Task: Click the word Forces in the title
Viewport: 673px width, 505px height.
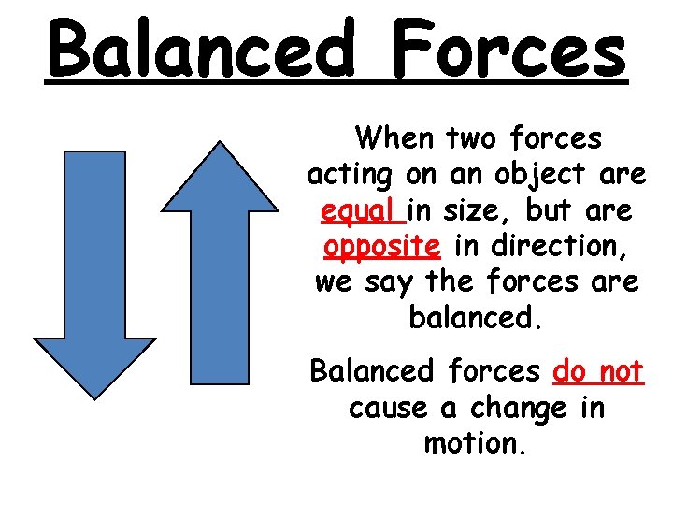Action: pos(509,49)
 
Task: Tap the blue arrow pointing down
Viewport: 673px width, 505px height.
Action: pos(94,281)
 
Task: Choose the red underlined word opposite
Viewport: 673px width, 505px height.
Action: pos(381,247)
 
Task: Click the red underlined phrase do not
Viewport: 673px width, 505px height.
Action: pos(598,372)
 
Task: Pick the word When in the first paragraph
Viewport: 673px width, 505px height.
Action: pos(394,139)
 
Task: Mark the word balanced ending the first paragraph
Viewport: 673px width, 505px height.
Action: pos(474,319)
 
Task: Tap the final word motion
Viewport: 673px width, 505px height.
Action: pos(474,443)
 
